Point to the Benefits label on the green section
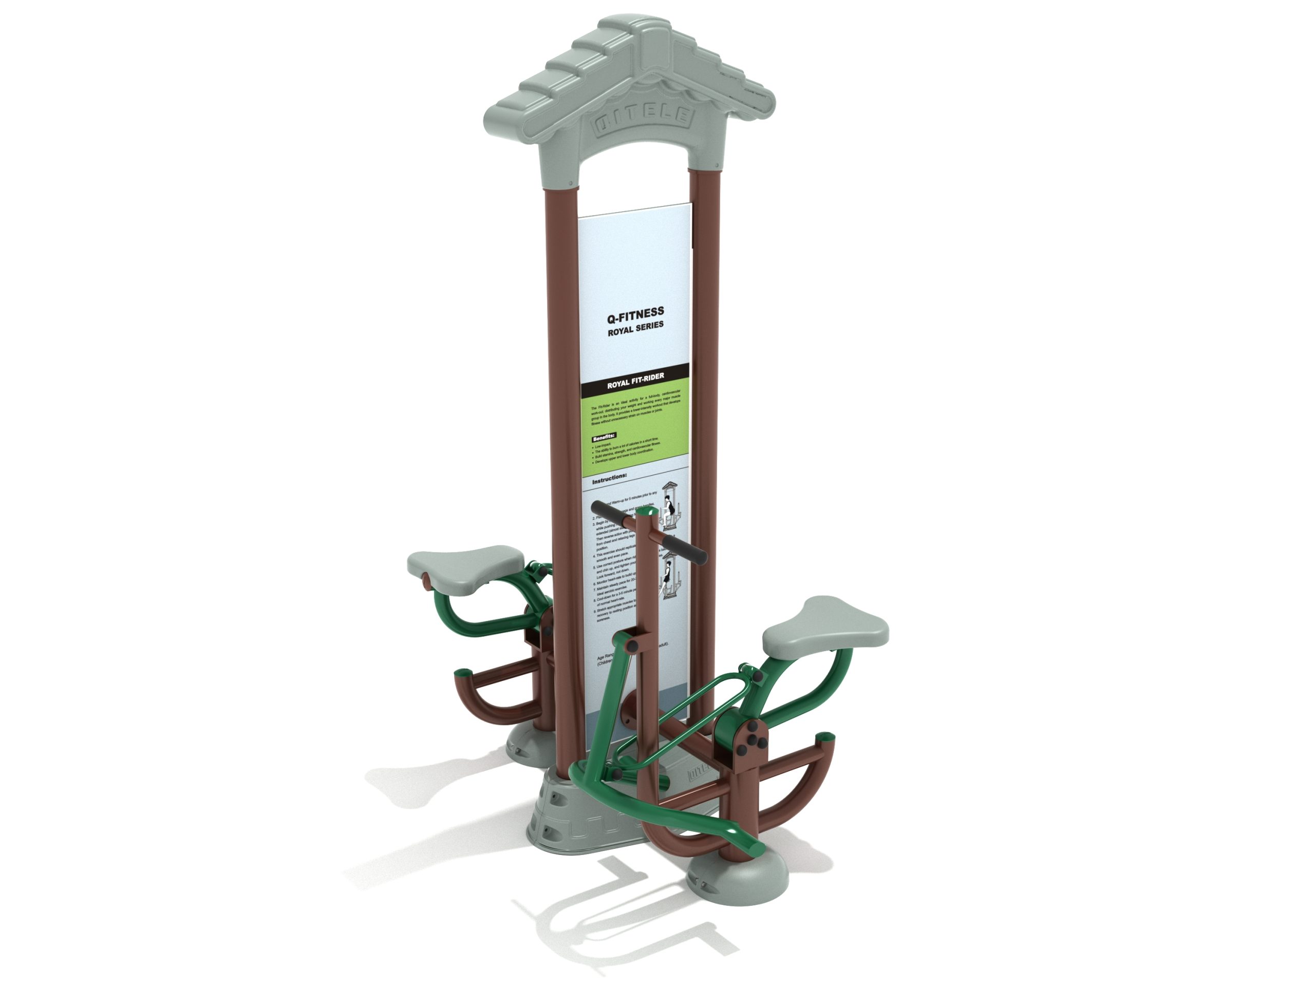click(x=604, y=437)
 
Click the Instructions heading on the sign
click(x=609, y=477)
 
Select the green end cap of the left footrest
click(x=461, y=673)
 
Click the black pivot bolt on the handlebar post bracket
click(x=634, y=645)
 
